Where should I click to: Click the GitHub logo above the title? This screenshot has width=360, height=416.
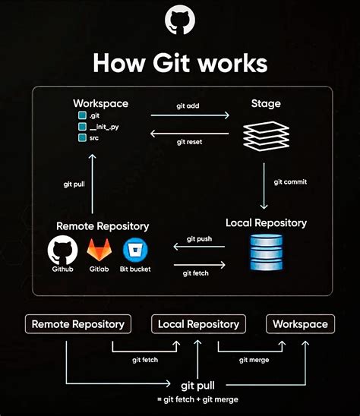(180, 21)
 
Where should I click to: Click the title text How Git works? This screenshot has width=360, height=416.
(180, 62)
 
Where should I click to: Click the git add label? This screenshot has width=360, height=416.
(189, 107)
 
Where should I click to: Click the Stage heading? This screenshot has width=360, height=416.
(266, 102)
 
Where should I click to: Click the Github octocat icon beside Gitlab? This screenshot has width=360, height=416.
(63, 251)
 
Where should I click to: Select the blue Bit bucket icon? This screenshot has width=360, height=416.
(135, 251)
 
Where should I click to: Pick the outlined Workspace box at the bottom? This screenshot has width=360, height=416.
(299, 324)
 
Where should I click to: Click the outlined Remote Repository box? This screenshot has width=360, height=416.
(77, 324)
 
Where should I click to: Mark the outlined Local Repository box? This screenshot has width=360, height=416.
(197, 324)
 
